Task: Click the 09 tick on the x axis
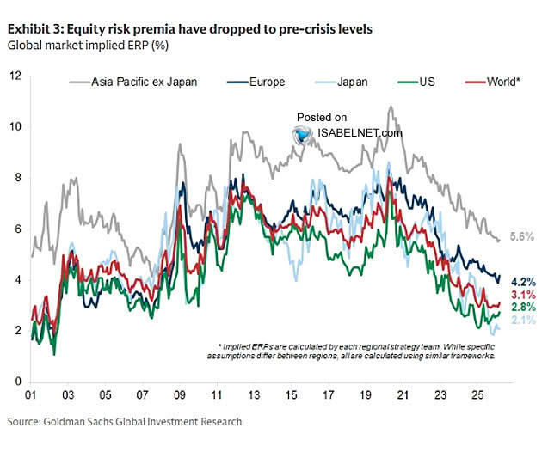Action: pyautogui.click(x=179, y=398)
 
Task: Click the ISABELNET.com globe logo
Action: pyautogui.click(x=302, y=134)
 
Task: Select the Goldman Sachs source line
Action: pyautogui.click(x=125, y=421)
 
